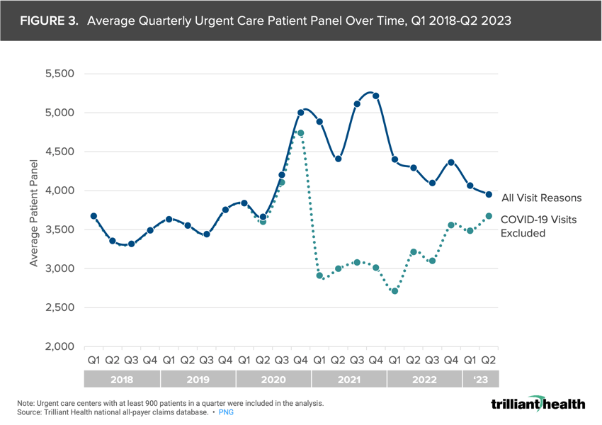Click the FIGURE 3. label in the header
49,21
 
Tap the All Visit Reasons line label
541,198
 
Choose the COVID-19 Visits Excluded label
538,226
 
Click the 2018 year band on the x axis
122,380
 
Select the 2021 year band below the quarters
348,380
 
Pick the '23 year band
479,380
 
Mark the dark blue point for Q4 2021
375,96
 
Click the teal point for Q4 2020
300,133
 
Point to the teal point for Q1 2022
394,291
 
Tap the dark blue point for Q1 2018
93,216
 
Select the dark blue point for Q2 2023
489,194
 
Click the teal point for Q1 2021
319,276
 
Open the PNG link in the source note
225,412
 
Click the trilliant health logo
538,404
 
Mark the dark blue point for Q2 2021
338,159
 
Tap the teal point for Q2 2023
489,216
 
